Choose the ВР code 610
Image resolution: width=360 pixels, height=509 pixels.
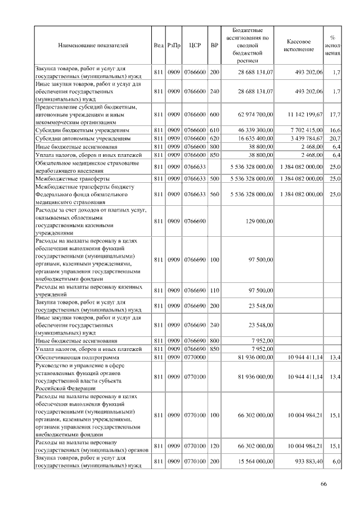[214, 129]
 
